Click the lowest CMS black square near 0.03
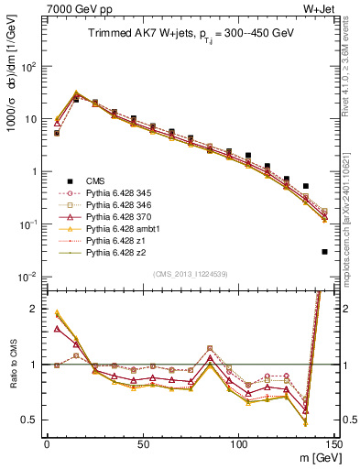coord(325,252)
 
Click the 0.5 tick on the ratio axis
coord(29,420)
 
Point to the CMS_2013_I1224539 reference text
coord(190,272)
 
